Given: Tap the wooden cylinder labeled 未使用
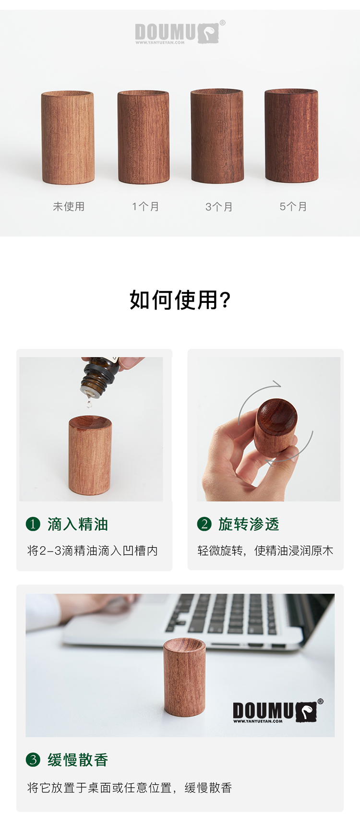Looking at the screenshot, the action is point(68,137).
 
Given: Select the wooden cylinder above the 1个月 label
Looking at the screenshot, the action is point(144,137).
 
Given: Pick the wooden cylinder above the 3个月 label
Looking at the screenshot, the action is point(217,136).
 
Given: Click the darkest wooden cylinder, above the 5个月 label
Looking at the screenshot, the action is point(291,136).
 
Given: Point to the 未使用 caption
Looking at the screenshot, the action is point(69,206).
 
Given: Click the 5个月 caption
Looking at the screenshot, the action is point(293,206).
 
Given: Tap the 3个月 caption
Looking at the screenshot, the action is point(219,207).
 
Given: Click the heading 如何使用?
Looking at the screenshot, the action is point(180,300).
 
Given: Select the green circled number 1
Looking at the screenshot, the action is point(33,524).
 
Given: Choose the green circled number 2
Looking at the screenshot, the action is point(204,524).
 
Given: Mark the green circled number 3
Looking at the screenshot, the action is point(33,759).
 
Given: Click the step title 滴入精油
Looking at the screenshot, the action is point(78,524).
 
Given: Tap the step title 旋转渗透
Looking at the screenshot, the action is point(249,524).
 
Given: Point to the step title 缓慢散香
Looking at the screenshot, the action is point(78,760).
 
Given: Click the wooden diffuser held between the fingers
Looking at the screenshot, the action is point(276,427).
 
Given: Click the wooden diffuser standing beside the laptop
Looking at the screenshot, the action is point(184,677).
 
